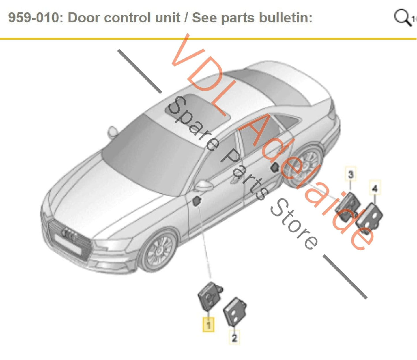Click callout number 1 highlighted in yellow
(208, 325)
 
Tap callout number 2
(234, 337)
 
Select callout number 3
(351, 174)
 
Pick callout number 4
(375, 188)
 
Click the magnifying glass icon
(402, 17)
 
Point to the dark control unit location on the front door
(197, 201)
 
